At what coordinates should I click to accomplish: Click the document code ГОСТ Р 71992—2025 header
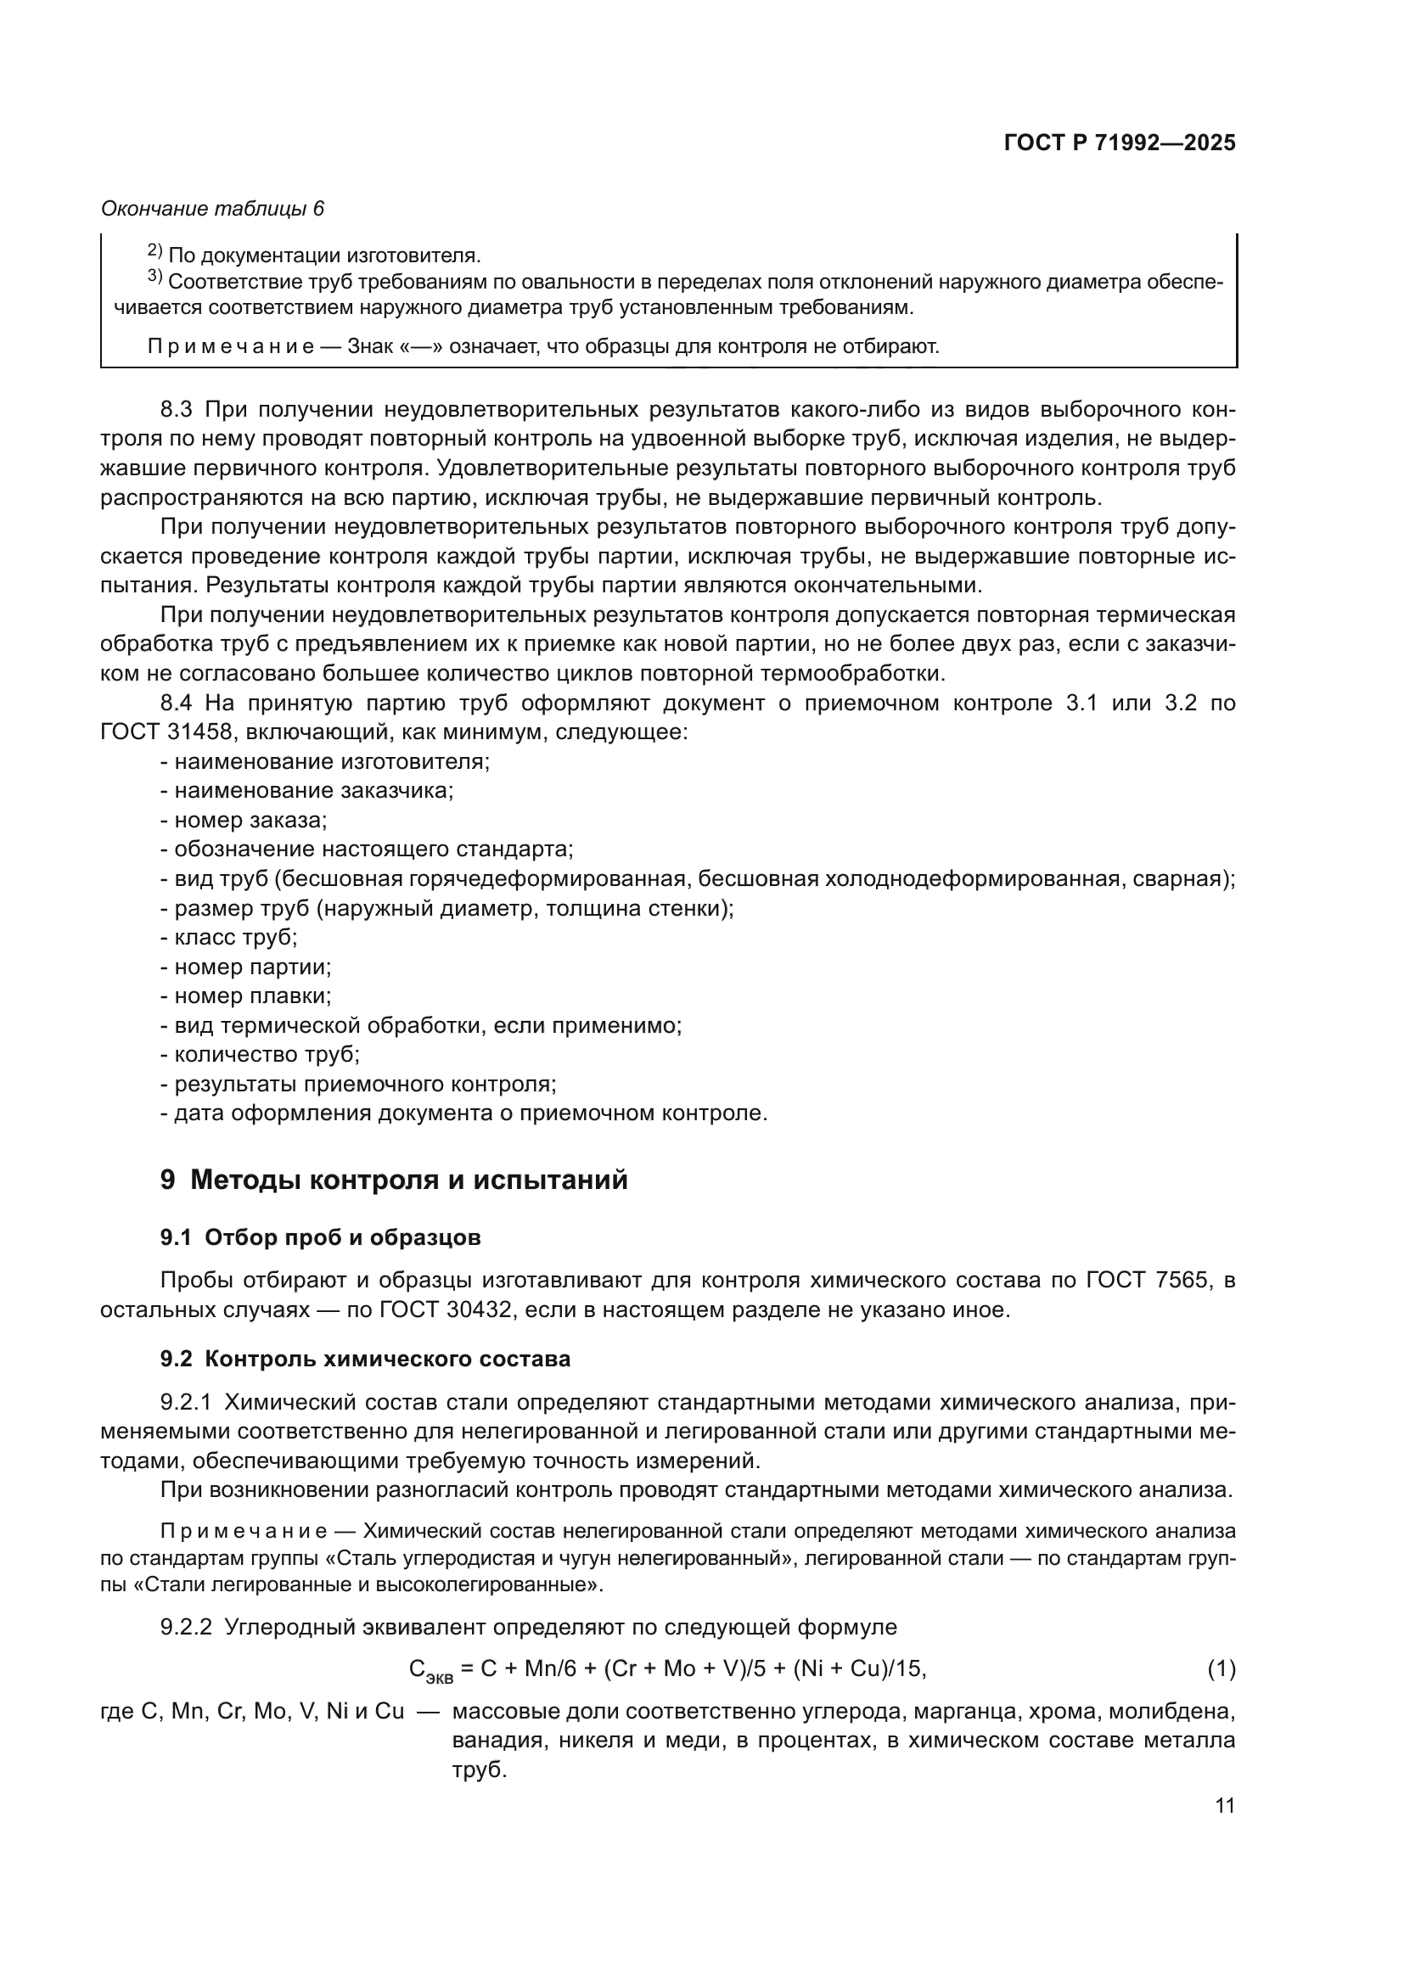click(x=1120, y=143)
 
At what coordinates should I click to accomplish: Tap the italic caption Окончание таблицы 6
click(x=213, y=209)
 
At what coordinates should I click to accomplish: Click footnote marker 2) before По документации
click(x=154, y=251)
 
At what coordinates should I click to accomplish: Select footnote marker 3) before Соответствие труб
click(x=154, y=278)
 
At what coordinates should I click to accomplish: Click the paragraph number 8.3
click(x=178, y=409)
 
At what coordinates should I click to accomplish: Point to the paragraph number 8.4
click(x=178, y=703)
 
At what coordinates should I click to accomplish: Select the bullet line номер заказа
click(x=244, y=821)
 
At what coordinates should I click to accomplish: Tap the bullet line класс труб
click(x=229, y=937)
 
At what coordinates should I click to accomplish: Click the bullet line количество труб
click(x=261, y=1055)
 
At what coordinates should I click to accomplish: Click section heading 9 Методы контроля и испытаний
click(x=393, y=1180)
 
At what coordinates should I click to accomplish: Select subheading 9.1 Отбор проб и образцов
click(x=320, y=1238)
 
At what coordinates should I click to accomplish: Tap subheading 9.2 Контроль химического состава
click(x=365, y=1359)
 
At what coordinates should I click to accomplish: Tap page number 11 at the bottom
click(x=1224, y=1806)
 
